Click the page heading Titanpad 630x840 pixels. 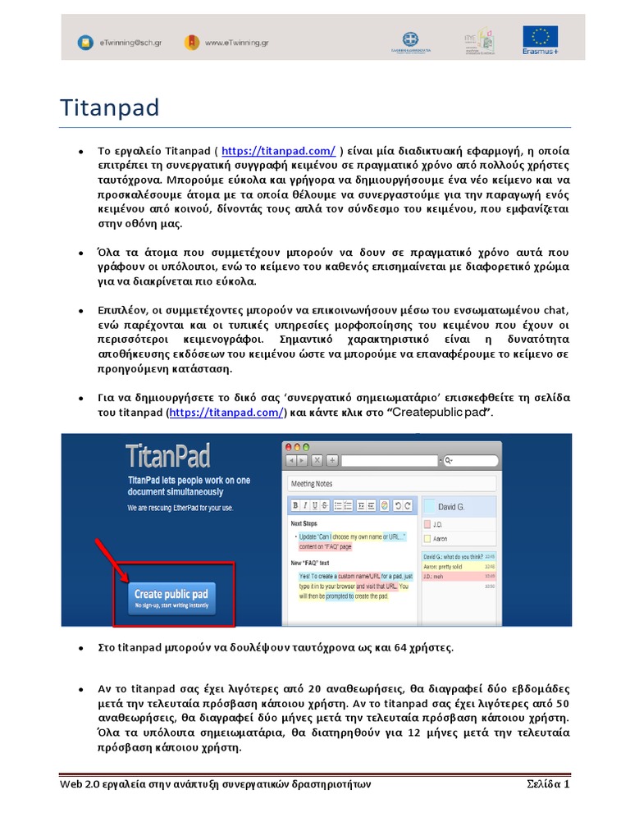[110, 107]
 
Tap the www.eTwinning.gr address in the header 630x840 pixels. [236, 41]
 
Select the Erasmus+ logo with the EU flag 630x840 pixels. [541, 40]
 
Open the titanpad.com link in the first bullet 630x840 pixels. [278, 151]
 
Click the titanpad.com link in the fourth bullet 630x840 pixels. [226, 412]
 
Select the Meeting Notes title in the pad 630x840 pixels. [312, 484]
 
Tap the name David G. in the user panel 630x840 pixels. [451, 507]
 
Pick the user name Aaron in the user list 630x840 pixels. [440, 539]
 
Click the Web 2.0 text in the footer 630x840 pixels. [79, 783]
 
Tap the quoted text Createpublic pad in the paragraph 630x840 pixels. [439, 412]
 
